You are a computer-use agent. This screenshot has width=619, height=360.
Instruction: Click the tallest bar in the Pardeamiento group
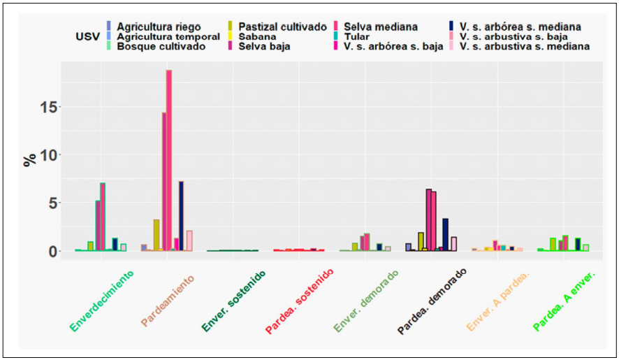click(169, 160)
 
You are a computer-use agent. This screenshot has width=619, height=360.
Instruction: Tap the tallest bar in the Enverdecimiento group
click(103, 217)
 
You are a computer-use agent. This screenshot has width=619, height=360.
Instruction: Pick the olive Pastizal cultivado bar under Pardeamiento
click(156, 235)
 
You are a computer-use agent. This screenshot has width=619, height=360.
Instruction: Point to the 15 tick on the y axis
click(44, 107)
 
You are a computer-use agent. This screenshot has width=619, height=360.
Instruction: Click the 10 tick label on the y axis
click(44, 154)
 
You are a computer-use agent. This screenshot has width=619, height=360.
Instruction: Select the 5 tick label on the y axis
click(48, 203)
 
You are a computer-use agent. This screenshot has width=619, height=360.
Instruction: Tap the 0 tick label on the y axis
click(48, 251)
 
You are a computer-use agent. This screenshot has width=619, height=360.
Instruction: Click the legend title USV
click(87, 36)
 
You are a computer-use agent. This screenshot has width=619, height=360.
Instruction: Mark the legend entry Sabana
click(258, 36)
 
